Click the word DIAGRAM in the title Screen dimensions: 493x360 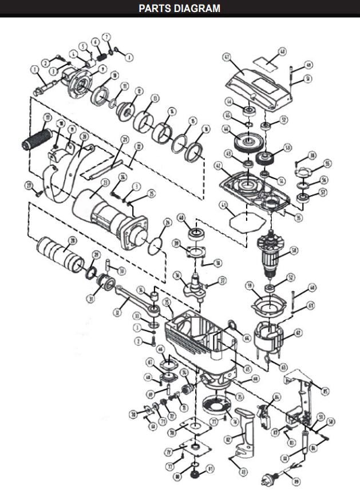195,8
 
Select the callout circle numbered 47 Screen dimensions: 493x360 226,57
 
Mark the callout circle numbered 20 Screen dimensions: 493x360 84,137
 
